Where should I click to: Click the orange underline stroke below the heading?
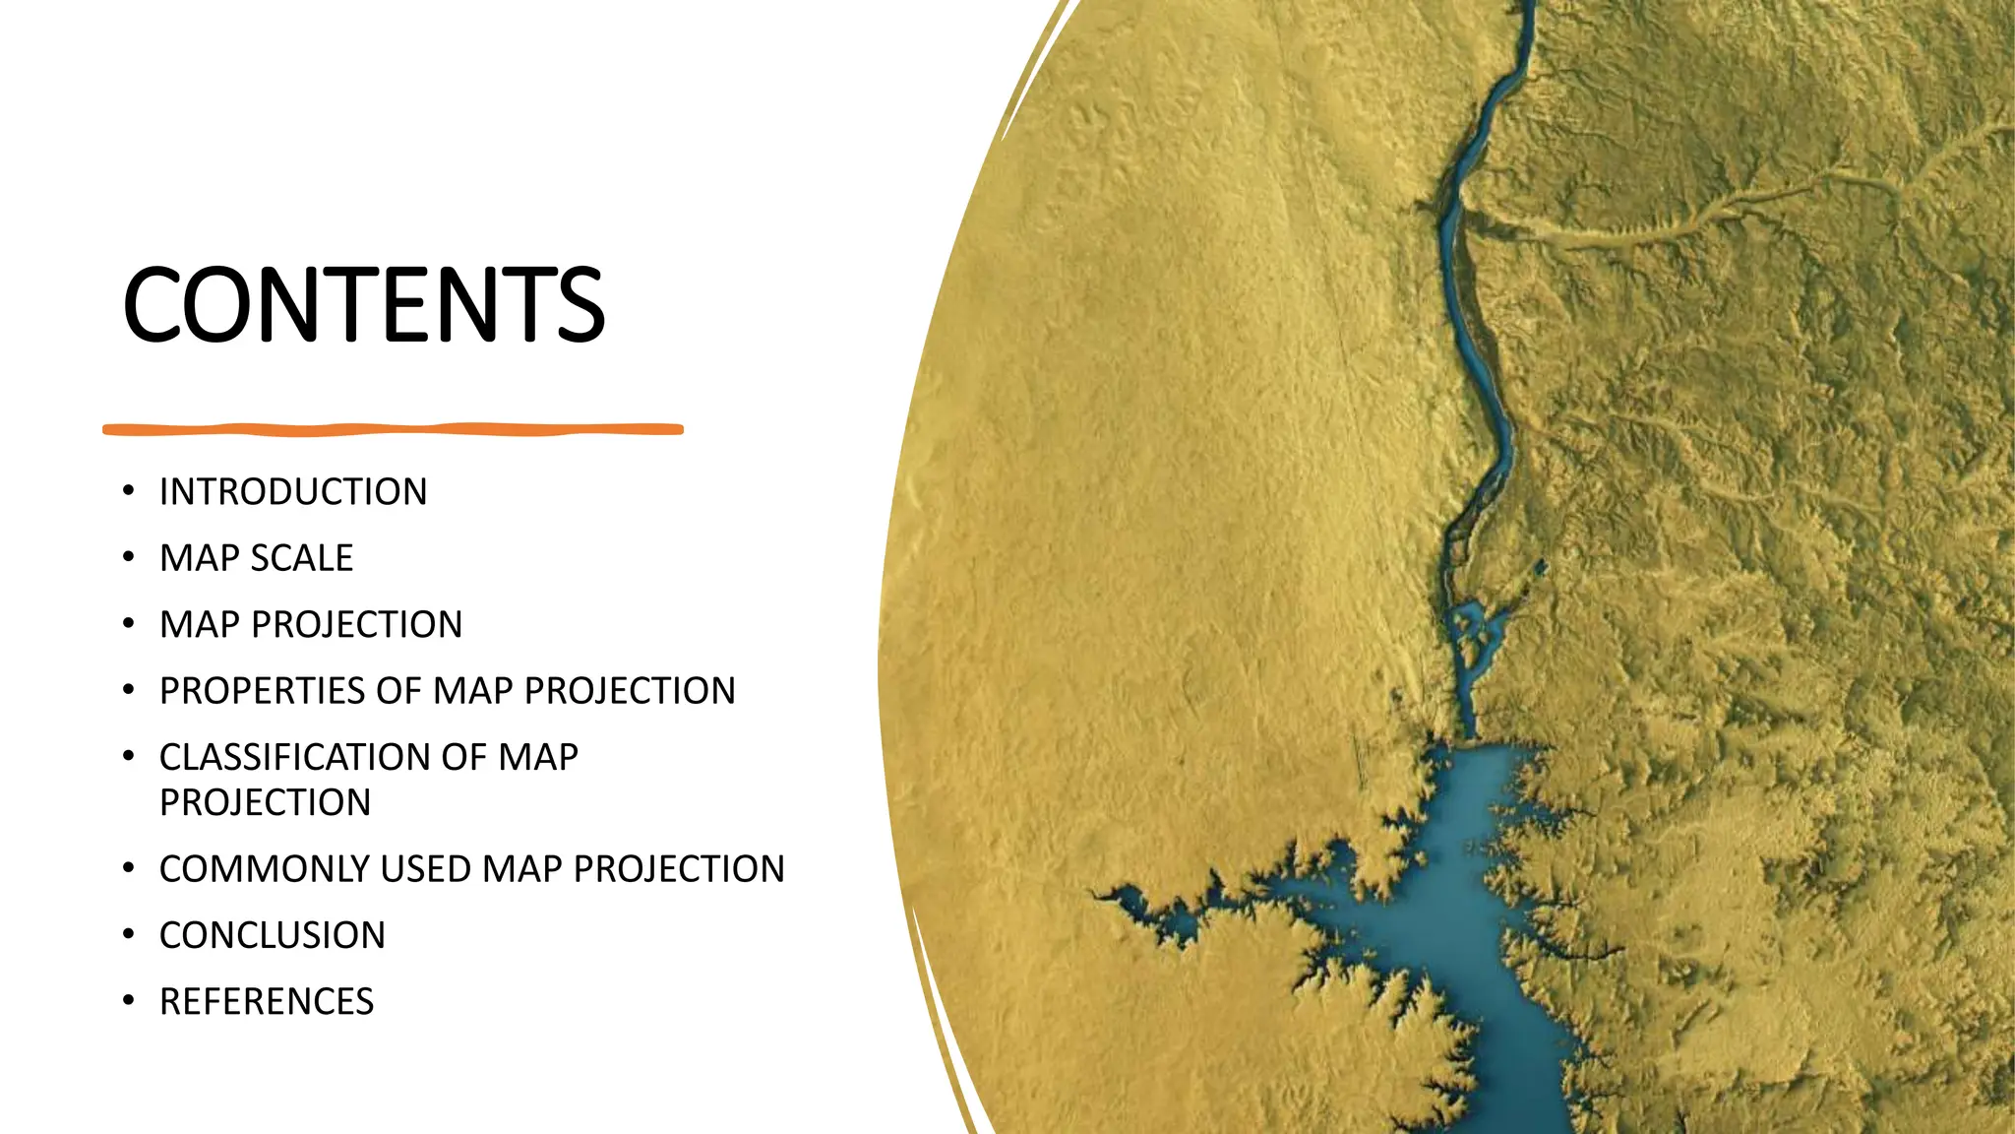click(393, 429)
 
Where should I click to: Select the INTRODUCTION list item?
click(293, 491)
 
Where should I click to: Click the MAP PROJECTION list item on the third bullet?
click(311, 624)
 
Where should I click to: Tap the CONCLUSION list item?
click(273, 935)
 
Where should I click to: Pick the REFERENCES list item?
click(267, 1001)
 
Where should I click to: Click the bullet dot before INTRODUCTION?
click(129, 490)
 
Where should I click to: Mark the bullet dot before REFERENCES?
click(129, 1000)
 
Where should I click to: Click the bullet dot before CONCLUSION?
click(129, 934)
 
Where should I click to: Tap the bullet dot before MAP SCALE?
click(129, 557)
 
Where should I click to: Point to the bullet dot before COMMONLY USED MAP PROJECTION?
click(129, 868)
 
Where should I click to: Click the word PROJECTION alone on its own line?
click(266, 802)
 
